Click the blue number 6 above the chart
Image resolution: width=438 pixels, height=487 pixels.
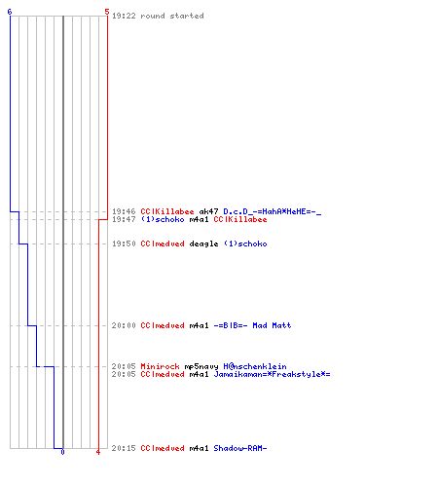tap(10, 12)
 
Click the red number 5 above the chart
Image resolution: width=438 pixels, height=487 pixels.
tap(107, 12)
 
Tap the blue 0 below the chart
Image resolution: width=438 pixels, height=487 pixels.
tap(62, 452)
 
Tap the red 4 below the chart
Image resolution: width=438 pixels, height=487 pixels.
tap(98, 452)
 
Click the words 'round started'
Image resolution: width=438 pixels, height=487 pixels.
tap(172, 16)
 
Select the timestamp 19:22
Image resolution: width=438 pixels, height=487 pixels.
tap(124, 16)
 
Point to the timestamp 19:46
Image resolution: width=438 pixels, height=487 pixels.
tap(124, 211)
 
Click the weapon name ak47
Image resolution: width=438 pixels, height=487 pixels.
tap(208, 211)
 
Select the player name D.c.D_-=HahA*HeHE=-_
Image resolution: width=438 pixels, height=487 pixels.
tap(273, 212)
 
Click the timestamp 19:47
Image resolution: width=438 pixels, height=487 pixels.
tap(124, 219)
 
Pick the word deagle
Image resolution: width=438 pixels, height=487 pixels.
tap(203, 243)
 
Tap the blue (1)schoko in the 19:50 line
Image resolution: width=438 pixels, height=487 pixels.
tap(245, 243)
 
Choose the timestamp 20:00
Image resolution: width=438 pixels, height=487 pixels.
tap(124, 325)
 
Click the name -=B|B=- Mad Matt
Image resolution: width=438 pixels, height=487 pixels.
tap(252, 325)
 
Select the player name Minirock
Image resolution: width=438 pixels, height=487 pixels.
tap(160, 366)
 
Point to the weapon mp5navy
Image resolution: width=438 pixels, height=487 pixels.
tap(201, 366)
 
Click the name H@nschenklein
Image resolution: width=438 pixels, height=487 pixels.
tap(255, 366)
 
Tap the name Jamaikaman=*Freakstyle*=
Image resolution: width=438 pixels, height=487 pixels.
tap(272, 374)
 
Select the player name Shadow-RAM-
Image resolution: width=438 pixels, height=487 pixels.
tap(240, 448)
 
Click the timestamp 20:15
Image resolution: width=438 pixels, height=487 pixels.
tap(124, 448)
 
